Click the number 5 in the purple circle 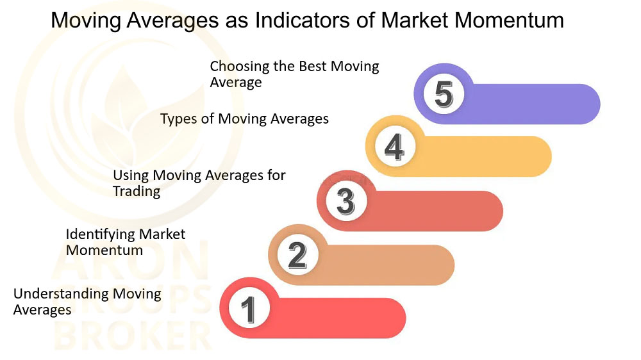click(444, 94)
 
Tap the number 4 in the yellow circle click(394, 147)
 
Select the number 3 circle click(346, 201)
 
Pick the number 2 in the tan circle click(297, 256)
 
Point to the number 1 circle click(249, 309)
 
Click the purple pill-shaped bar click(531, 104)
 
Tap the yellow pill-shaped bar click(483, 156)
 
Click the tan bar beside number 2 click(384, 265)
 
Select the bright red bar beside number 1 click(335, 318)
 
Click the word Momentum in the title click(509, 20)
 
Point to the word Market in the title click(415, 20)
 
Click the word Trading click(137, 191)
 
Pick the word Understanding click(61, 293)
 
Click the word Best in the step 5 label click(313, 66)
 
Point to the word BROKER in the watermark click(133, 335)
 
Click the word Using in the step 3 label click(131, 176)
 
